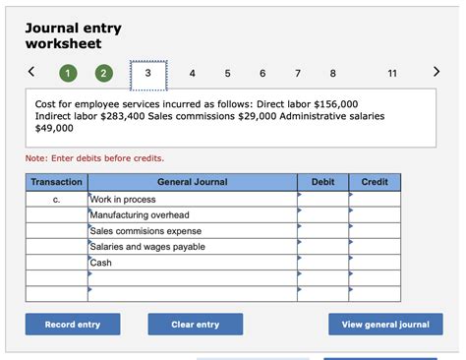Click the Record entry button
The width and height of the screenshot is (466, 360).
(x=73, y=325)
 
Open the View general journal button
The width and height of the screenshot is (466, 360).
(x=385, y=325)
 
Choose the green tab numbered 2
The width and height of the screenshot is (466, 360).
(x=104, y=73)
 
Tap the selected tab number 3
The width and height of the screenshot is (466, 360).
(x=147, y=73)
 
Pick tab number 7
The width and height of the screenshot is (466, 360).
(x=298, y=73)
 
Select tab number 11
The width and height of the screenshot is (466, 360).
(x=393, y=73)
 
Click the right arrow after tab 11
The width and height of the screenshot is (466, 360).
(x=437, y=72)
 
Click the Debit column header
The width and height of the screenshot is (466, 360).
(x=322, y=182)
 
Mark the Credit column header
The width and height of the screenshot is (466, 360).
(x=375, y=182)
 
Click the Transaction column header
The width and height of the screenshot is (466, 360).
(x=57, y=182)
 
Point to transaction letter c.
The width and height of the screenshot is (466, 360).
(x=57, y=200)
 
